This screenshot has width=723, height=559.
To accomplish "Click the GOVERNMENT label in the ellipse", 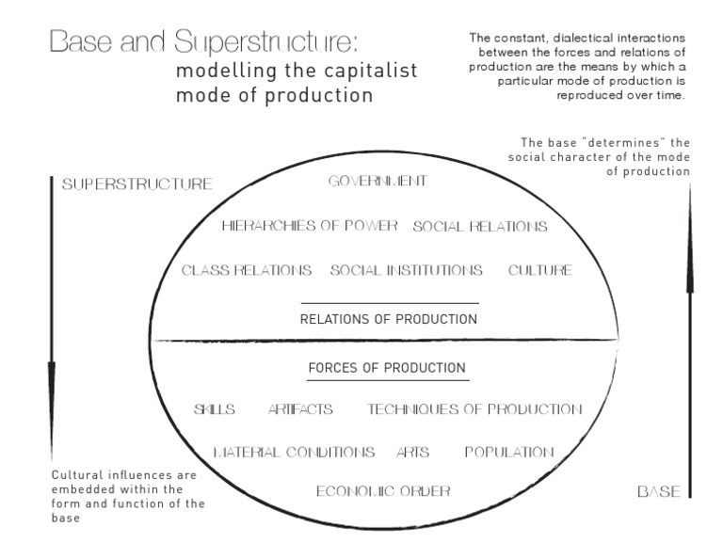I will coord(378,181).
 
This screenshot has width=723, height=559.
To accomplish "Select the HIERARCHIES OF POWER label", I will coord(311,226).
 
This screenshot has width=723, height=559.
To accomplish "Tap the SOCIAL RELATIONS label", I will coord(480,227).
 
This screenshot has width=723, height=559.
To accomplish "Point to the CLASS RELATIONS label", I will coord(247,270).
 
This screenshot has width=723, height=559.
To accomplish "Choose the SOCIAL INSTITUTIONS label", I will coord(407,270).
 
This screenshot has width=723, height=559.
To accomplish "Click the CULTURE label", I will coord(540,270).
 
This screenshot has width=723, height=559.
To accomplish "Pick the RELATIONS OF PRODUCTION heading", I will coord(389,319).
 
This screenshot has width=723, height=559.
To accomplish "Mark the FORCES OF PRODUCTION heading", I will coord(387,367).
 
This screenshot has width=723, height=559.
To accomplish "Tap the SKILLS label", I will coord(215,409).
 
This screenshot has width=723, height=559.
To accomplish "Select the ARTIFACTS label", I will coord(300,409).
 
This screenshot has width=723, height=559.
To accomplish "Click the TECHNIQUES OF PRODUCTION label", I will coord(475,409).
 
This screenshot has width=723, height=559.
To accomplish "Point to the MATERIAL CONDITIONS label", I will coord(294,453).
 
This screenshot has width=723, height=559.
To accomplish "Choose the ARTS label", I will coord(413,453).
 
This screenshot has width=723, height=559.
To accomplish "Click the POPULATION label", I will coord(509,453).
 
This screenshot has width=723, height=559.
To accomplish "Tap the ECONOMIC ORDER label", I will coord(383,490).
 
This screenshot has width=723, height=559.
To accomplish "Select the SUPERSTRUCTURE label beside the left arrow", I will coord(137,184).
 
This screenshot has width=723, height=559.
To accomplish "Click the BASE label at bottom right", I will coord(658,491).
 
